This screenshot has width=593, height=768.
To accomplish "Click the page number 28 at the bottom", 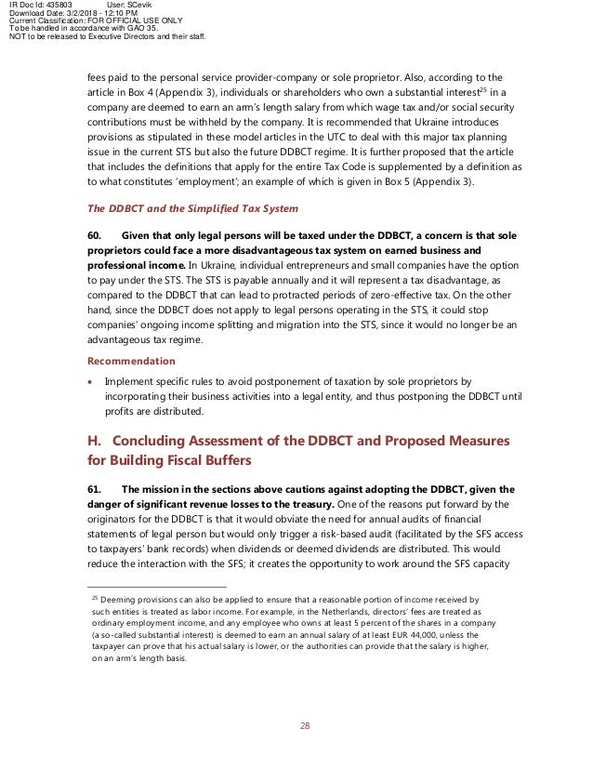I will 304,724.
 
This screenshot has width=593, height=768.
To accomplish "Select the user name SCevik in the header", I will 154,5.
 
